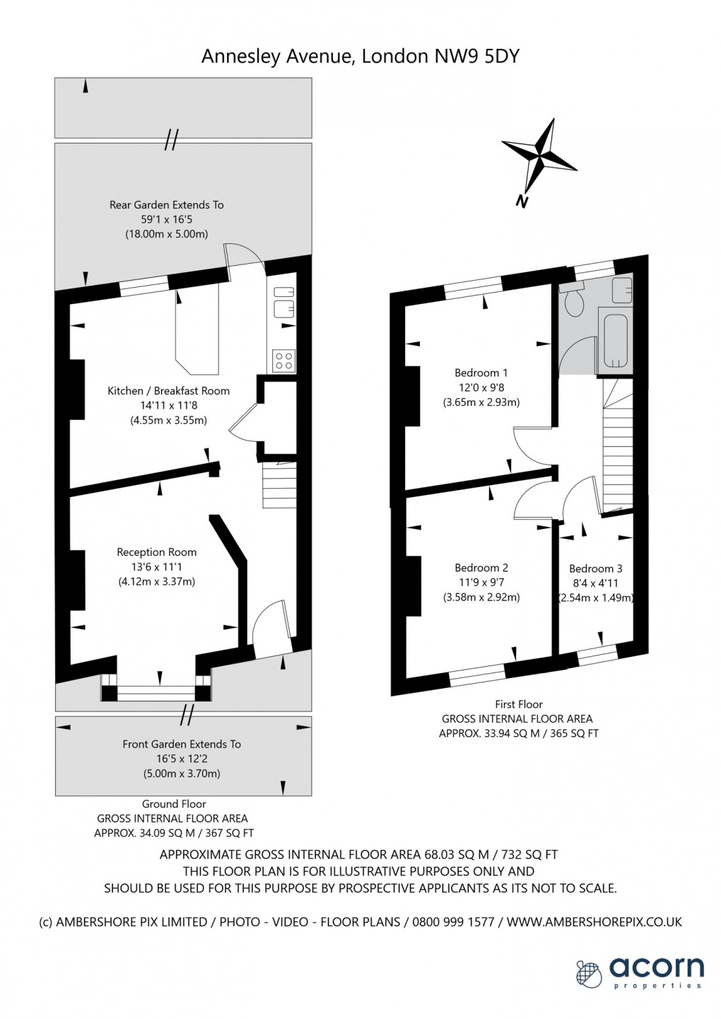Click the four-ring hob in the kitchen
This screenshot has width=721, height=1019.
point(283,360)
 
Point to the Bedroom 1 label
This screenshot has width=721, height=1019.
point(481,373)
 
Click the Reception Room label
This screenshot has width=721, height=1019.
point(157,552)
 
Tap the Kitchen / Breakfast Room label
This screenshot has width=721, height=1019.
point(169,391)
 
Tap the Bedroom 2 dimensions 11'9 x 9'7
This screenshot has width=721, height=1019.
point(481,582)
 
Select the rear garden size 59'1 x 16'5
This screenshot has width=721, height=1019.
point(167,220)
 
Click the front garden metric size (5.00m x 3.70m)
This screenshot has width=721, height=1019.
point(181,774)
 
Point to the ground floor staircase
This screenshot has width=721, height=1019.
point(280,485)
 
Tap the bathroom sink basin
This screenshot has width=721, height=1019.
point(622,290)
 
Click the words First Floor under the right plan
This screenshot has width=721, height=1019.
point(519,704)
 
